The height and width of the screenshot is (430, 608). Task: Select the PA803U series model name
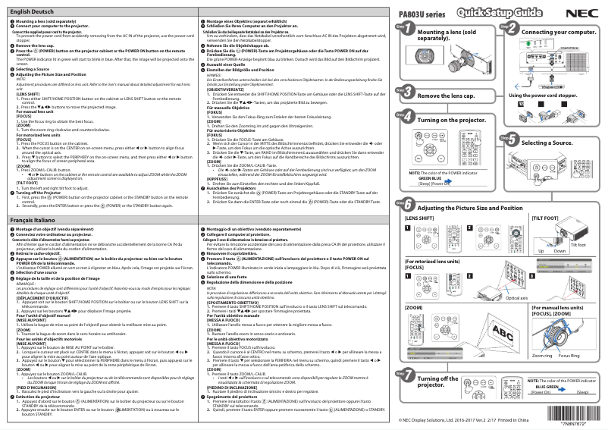pos(423,14)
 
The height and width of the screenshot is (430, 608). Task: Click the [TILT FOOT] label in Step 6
pos(547,218)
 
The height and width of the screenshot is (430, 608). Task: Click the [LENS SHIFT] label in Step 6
pos(420,218)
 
